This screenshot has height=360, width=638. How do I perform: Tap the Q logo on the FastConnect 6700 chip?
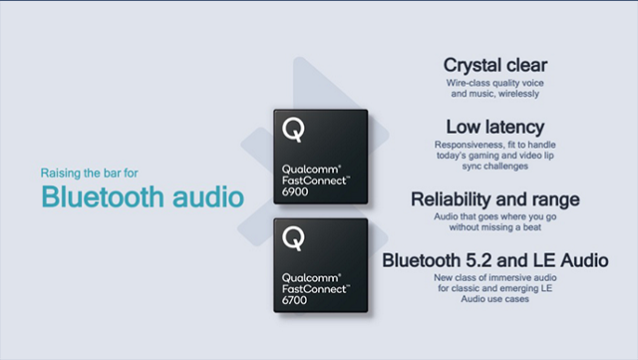click(x=293, y=238)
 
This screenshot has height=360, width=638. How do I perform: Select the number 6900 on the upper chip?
click(x=295, y=190)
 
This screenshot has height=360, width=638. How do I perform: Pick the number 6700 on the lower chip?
click(x=295, y=300)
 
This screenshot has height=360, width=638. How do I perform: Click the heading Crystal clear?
click(x=494, y=65)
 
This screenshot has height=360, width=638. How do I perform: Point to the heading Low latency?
click(x=494, y=127)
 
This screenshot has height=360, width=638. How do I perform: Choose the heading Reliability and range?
click(x=494, y=199)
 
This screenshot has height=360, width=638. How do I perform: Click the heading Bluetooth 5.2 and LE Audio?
click(x=495, y=260)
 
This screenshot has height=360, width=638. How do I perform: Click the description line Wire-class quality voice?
click(x=494, y=83)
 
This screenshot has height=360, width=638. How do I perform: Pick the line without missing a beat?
click(x=494, y=227)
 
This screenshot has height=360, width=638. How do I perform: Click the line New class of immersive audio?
click(x=495, y=278)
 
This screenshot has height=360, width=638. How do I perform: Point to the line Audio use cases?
click(x=495, y=299)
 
